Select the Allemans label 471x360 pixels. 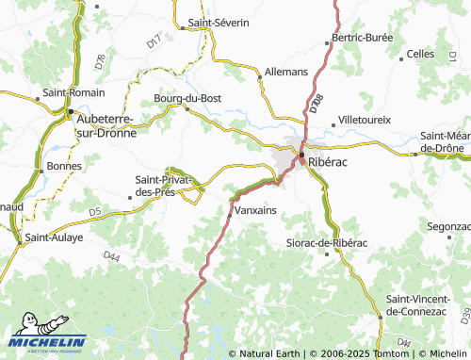[286, 71]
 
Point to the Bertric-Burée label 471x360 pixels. [359, 40]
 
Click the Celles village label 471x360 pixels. [420, 55]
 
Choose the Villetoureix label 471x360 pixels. [364, 121]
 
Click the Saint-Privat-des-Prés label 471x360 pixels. [163, 185]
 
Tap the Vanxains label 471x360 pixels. [256, 210]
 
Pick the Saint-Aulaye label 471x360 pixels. [55, 237]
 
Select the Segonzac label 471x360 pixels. [448, 227]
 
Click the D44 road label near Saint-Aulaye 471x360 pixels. [112, 256]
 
